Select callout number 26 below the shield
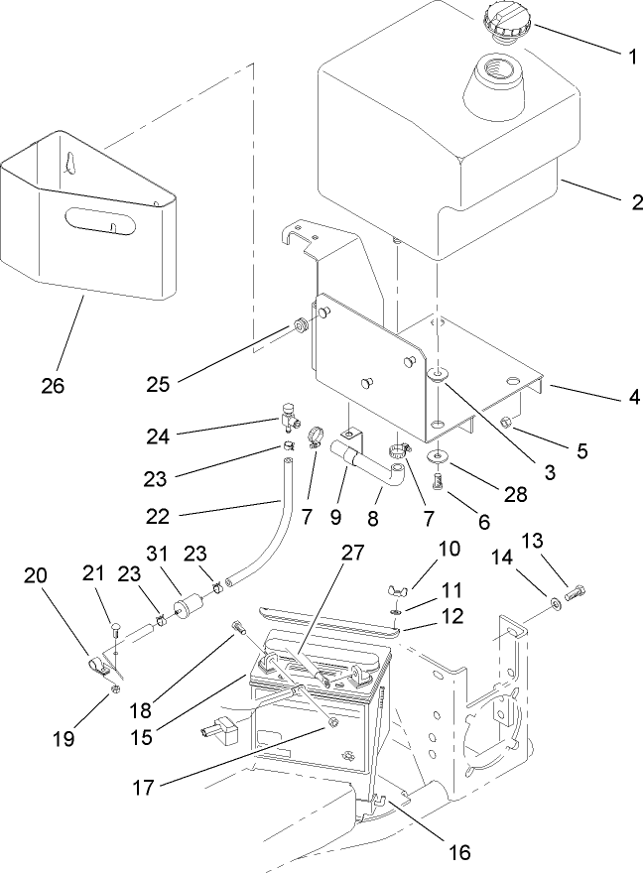pos(52,385)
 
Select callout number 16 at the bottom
pos(458,850)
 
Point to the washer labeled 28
pos(437,458)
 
